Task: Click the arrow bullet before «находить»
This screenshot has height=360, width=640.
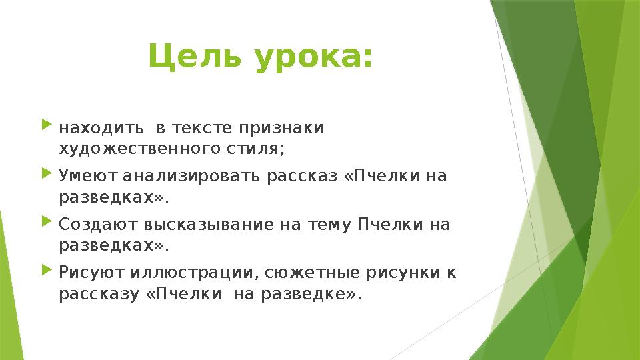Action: (x=46, y=125)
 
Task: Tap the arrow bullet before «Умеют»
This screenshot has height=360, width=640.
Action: (x=46, y=174)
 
